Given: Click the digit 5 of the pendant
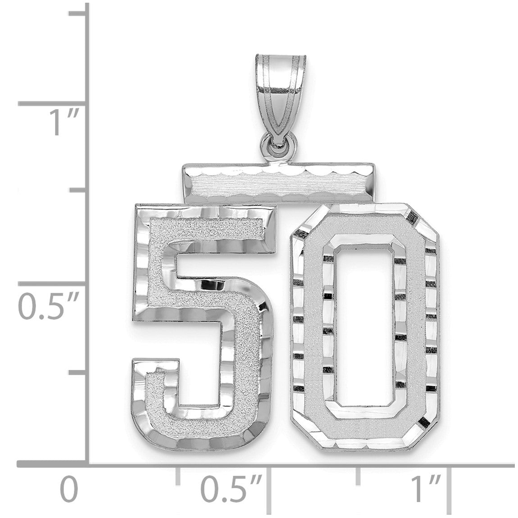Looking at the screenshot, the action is tap(203, 327).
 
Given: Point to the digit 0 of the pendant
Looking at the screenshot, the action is tap(364, 327).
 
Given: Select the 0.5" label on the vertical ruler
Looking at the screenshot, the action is tap(48, 307).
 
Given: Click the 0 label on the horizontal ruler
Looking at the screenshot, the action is tap(69, 489).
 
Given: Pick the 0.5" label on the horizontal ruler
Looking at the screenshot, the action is tap(232, 489).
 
